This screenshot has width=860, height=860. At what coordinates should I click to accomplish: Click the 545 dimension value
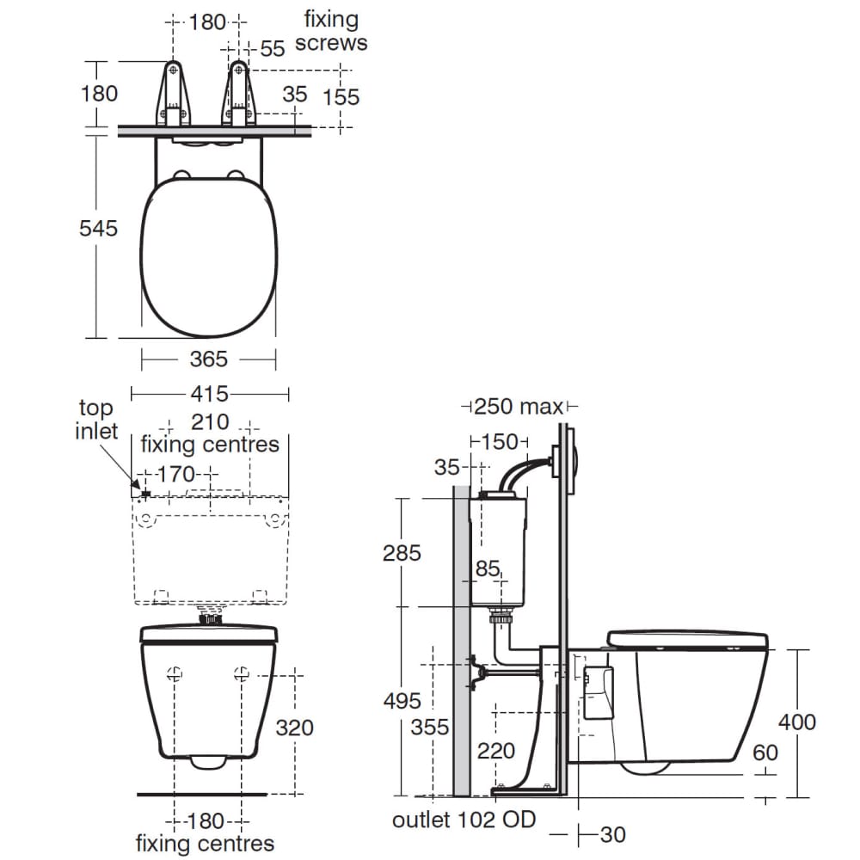point(98,229)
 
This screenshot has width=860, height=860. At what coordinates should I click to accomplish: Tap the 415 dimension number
point(209,394)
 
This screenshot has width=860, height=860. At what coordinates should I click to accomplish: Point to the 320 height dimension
point(294,728)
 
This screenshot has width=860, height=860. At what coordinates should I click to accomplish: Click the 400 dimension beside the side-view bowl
point(796,722)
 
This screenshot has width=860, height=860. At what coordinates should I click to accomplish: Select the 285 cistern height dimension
point(402,552)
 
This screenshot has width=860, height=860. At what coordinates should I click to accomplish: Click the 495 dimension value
point(402,701)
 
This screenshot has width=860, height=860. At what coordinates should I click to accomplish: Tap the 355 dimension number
point(430,728)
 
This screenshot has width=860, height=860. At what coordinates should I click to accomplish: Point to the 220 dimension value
point(496,752)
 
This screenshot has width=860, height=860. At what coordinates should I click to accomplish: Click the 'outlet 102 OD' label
point(464,820)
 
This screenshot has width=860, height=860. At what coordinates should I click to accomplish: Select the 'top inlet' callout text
point(96,419)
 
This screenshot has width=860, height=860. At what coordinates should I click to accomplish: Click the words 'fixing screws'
point(331,31)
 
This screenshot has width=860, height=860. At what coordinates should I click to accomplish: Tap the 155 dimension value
point(341,96)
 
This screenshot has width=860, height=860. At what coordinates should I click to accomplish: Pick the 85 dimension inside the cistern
point(488,568)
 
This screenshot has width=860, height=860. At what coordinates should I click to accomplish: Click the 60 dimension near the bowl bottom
point(765,752)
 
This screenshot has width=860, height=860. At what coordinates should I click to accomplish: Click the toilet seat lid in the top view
point(208,258)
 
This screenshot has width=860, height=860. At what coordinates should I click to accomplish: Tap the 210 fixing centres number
point(210,422)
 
